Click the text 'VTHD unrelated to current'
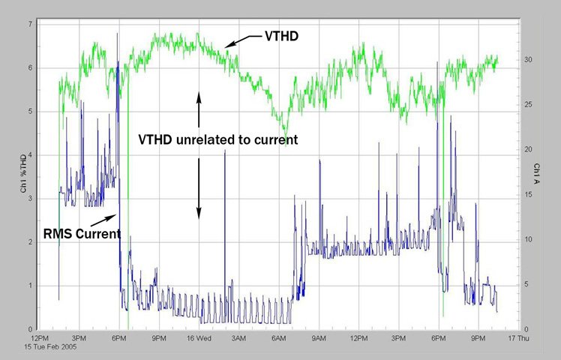(219, 139)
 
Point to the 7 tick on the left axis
(30, 24)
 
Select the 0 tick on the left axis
(30, 329)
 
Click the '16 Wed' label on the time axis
(199, 339)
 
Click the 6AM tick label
(279, 339)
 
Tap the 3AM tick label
(239, 339)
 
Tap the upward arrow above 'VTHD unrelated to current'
(199, 109)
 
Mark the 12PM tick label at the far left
(39, 339)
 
